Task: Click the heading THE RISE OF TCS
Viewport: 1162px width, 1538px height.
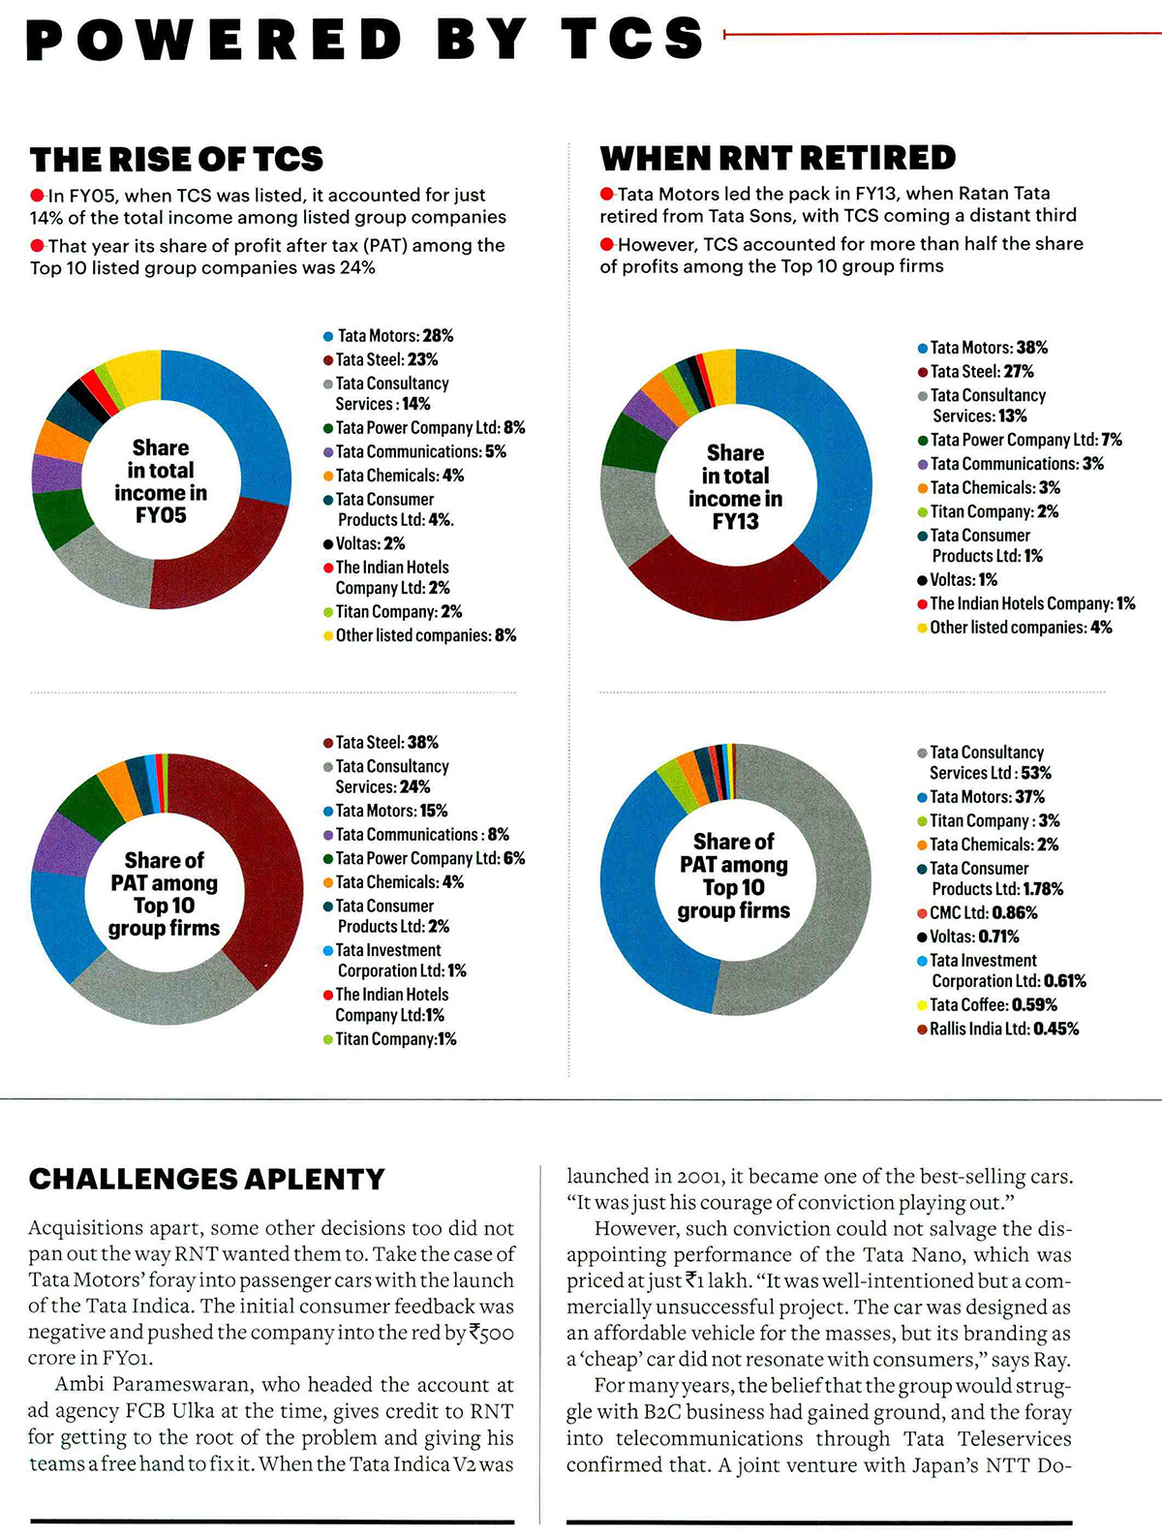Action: pyautogui.click(x=176, y=159)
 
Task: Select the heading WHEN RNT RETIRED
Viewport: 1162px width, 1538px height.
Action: pyautogui.click(x=778, y=158)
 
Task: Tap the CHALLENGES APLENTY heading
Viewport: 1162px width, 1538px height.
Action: pyautogui.click(x=206, y=1180)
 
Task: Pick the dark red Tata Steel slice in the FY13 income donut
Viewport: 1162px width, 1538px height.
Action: pyautogui.click(x=728, y=585)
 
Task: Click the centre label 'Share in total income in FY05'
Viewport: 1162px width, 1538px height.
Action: pyautogui.click(x=161, y=481)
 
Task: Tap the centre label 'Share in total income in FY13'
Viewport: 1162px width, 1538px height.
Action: pyautogui.click(x=735, y=487)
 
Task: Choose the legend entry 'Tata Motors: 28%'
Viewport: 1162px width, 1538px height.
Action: pyautogui.click(x=388, y=336)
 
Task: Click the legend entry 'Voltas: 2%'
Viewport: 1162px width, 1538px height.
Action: pyautogui.click(x=364, y=543)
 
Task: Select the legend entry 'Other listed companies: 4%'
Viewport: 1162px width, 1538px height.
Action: pyautogui.click(x=1015, y=627)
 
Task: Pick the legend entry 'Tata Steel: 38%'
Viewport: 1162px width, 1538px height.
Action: pyautogui.click(x=381, y=742)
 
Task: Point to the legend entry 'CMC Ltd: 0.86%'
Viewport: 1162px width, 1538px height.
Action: pyautogui.click(x=978, y=913)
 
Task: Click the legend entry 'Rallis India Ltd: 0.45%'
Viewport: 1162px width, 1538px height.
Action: pyautogui.click(x=998, y=1029)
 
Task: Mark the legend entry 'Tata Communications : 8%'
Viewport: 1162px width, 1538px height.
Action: pyautogui.click(x=416, y=835)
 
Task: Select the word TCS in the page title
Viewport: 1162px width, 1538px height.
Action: pyautogui.click(x=632, y=38)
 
